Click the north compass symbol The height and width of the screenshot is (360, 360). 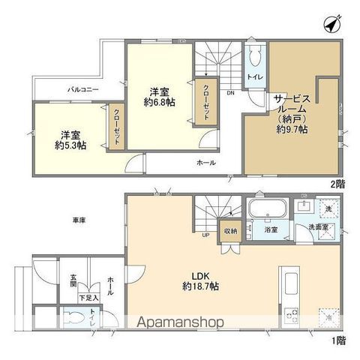(331, 24)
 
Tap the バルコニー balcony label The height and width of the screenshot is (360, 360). (80, 89)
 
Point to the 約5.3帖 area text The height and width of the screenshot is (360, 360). (70, 145)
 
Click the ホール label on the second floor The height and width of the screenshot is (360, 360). (206, 163)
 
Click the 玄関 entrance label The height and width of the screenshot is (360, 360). (74, 276)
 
